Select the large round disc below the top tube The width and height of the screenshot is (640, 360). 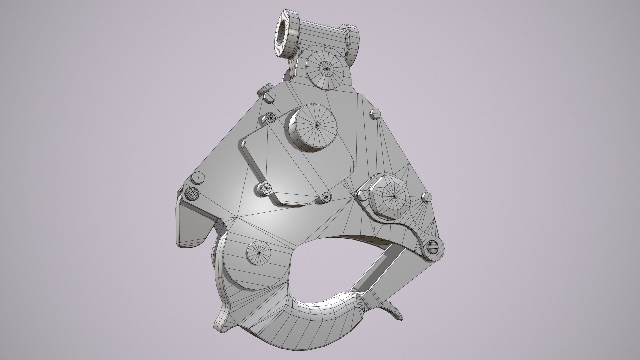(x=325, y=68)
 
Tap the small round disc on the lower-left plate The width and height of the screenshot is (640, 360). (x=259, y=253)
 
